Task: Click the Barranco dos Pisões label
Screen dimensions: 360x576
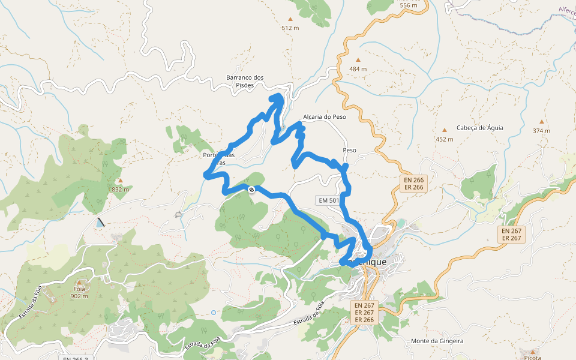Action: click(x=245, y=81)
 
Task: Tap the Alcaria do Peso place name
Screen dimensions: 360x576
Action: click(x=325, y=117)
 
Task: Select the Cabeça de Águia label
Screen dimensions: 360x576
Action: click(x=480, y=127)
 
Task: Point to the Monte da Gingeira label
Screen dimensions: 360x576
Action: click(x=437, y=341)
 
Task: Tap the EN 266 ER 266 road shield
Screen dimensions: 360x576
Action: click(x=413, y=183)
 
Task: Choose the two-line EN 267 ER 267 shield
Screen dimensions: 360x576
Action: click(x=512, y=234)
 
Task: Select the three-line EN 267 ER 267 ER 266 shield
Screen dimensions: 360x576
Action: click(x=364, y=312)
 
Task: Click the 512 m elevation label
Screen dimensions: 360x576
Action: click(x=290, y=28)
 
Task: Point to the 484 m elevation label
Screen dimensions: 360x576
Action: click(x=358, y=69)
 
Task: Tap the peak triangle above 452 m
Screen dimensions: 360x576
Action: click(x=445, y=130)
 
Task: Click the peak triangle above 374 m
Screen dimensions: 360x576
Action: click(x=542, y=121)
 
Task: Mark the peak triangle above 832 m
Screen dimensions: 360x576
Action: click(x=120, y=180)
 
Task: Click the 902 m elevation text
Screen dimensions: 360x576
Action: click(x=79, y=296)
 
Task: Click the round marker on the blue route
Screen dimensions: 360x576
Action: click(x=251, y=190)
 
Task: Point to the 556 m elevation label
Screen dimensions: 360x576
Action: click(x=408, y=5)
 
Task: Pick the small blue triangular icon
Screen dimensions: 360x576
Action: click(x=99, y=223)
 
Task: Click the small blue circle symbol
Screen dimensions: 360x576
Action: click(x=213, y=312)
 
